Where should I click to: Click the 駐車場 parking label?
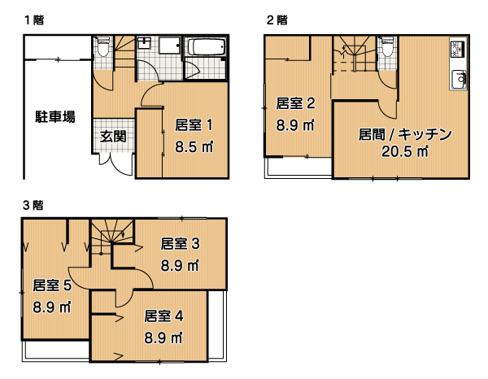click(55, 117)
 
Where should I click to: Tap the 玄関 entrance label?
click(113, 137)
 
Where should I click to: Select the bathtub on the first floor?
click(207, 46)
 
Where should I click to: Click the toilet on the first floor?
click(103, 46)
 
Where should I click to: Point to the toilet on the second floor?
click(387, 46)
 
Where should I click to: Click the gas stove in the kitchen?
click(457, 49)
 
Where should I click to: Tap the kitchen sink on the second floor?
click(459, 79)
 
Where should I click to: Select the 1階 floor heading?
click(34, 20)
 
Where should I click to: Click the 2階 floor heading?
click(277, 20)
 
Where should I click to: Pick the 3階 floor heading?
click(33, 205)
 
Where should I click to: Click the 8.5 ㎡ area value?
click(194, 146)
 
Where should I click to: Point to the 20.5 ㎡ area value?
click(405, 151)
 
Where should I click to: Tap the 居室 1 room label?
click(194, 124)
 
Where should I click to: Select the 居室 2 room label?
click(296, 103)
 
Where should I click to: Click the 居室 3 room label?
click(181, 244)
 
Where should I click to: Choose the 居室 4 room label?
click(163, 316)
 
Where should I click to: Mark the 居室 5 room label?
click(52, 285)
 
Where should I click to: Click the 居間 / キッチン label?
click(405, 134)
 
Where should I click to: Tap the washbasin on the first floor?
click(144, 43)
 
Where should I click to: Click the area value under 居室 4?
click(163, 338)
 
